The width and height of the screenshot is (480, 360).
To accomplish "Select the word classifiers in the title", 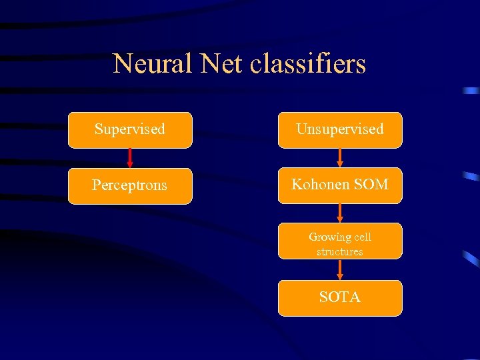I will click(x=309, y=64).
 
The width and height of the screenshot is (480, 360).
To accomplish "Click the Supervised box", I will click(x=130, y=130).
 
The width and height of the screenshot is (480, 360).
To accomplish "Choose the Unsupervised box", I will click(x=340, y=130).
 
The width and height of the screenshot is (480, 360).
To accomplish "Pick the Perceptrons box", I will click(x=130, y=185).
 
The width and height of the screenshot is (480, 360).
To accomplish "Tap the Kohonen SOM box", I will click(x=340, y=185).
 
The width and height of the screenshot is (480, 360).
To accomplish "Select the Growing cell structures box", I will click(x=340, y=241).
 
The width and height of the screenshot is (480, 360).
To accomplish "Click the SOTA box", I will click(x=340, y=298).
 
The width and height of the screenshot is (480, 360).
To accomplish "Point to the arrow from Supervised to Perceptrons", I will click(x=130, y=157).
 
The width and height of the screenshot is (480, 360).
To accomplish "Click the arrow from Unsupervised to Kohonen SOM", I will click(x=340, y=157).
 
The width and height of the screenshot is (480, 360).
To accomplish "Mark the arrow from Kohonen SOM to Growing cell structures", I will click(x=340, y=213).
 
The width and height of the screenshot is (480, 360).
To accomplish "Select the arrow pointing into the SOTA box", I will click(x=340, y=269).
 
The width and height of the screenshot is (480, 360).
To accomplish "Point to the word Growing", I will click(x=329, y=237).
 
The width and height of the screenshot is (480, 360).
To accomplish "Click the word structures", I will click(x=340, y=251).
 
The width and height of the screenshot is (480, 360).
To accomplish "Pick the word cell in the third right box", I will click(x=363, y=237).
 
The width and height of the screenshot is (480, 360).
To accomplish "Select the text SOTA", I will click(x=340, y=297).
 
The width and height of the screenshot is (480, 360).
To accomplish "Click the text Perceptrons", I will click(x=130, y=185).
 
